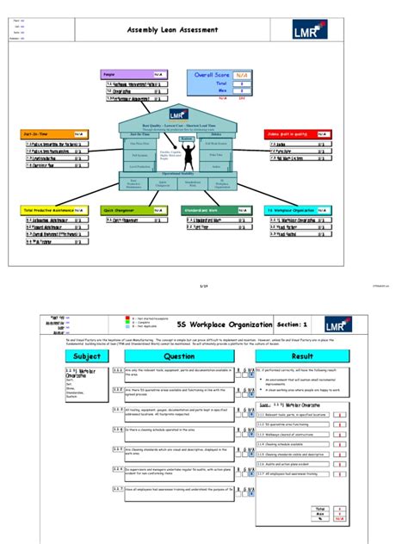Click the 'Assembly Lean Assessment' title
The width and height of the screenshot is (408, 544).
click(x=172, y=30)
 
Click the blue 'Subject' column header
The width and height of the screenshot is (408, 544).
click(x=86, y=355)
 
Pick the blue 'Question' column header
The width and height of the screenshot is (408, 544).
click(x=180, y=355)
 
